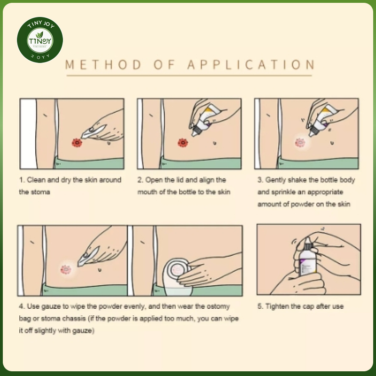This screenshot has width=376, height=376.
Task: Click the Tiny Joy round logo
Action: point(40,40)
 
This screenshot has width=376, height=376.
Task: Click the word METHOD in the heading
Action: point(103,65)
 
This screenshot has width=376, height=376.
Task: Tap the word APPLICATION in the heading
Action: point(251,65)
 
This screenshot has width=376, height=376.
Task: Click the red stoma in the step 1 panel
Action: point(77,143)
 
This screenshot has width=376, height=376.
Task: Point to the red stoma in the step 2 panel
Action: point(183,143)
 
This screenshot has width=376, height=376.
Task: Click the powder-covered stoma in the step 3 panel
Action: point(300,143)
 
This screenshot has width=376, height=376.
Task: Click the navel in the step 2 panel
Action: point(215,143)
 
